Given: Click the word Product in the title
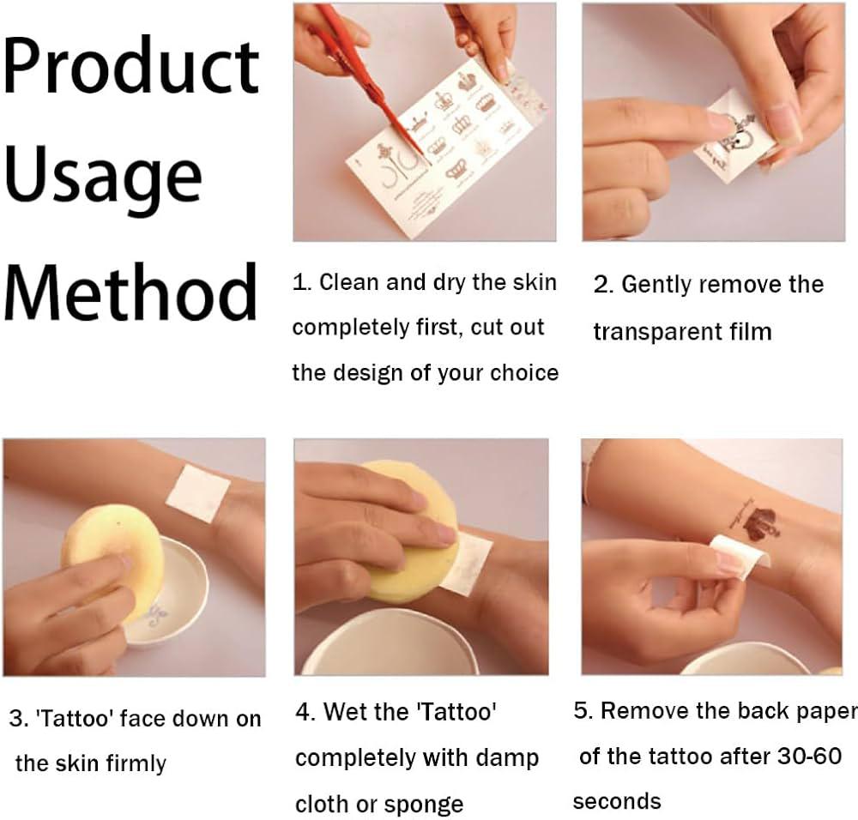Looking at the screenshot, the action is click(131, 65).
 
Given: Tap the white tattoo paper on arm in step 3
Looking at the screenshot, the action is click(198, 493).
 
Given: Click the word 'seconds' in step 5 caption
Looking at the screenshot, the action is click(617, 801).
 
